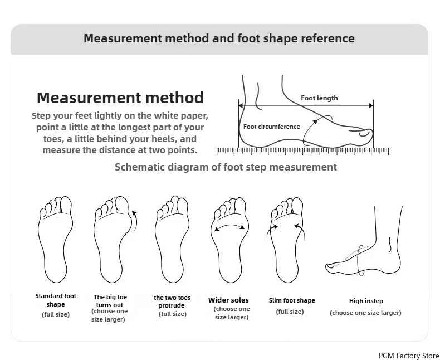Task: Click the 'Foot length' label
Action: pos(319,98)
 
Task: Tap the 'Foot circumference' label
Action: pos(272,127)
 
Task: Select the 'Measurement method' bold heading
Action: pos(120,98)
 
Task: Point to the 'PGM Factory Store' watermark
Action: pos(409,356)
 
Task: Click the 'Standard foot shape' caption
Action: pos(56,300)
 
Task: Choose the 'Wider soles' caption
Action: pos(228,300)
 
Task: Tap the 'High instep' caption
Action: pos(366,301)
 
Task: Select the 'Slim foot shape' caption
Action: pos(292,300)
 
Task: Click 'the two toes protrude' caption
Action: pos(172,301)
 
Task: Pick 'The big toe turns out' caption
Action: pos(110,301)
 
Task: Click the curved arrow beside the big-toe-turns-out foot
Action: pos(136,221)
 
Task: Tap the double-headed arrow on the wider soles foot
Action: pos(229,226)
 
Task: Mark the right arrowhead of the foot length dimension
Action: pos(371,105)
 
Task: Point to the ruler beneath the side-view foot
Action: pos(302,151)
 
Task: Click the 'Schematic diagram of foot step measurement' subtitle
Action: pos(226,167)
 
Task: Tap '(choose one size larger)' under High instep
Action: pos(365,313)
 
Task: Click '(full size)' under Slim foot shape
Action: pos(290,312)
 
